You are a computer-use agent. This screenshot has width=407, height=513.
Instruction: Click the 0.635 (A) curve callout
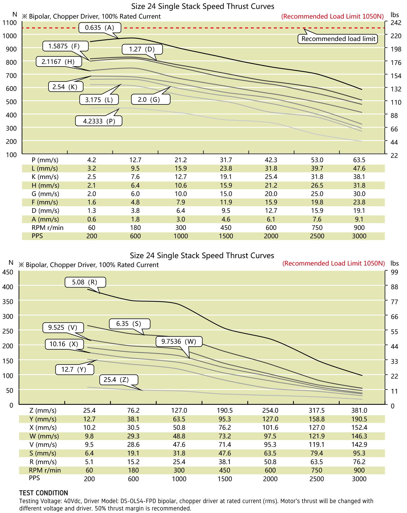point(100,27)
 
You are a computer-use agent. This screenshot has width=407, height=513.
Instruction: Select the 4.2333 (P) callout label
point(99,121)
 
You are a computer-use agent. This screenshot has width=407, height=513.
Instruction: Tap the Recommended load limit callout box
point(338,39)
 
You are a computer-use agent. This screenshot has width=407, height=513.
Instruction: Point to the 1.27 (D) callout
point(142,49)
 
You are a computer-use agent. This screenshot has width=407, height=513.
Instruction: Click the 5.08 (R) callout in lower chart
point(85,282)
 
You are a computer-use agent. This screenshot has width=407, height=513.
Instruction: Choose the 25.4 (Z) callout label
point(119,380)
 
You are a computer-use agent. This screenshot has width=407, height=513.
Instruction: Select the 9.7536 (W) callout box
point(179,341)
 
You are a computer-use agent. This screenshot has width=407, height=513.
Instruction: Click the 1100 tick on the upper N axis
point(10,23)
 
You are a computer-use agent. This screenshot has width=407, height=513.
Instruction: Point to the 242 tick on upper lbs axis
point(396,23)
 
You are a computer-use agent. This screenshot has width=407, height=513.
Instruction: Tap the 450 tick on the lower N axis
point(8,272)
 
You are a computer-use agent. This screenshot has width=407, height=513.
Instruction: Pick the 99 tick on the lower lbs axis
point(394,272)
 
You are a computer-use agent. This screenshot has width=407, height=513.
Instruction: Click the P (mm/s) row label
point(45,160)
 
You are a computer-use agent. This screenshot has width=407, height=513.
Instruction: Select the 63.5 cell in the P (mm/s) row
point(359,160)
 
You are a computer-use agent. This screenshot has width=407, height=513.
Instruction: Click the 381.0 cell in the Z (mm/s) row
point(359,410)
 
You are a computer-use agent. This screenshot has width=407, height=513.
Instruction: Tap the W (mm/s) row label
point(44,436)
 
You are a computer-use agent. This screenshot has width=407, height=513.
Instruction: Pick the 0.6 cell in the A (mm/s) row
point(92,219)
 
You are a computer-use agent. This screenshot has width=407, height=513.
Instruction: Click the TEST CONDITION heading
point(43,493)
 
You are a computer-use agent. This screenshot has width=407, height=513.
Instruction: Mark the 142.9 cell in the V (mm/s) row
point(359,445)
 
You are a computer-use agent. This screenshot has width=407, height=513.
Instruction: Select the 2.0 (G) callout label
point(151,99)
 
